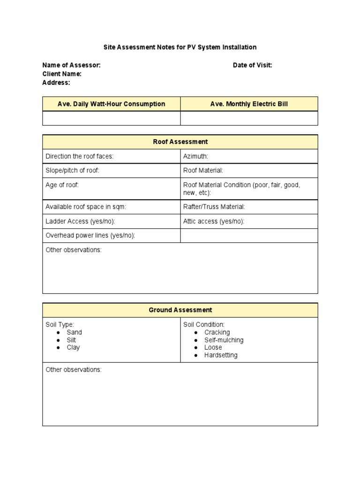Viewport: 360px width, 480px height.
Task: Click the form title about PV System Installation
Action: pyautogui.click(x=180, y=47)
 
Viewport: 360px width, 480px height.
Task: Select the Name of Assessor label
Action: pyautogui.click(x=71, y=66)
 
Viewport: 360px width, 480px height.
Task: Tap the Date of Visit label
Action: pyautogui.click(x=252, y=66)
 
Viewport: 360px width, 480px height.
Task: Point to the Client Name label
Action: pyautogui.click(x=62, y=74)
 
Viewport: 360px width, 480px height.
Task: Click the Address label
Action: pyautogui.click(x=56, y=82)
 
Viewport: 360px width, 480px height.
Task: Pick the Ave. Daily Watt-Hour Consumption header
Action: pyautogui.click(x=111, y=104)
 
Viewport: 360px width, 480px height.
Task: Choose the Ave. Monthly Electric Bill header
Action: pyautogui.click(x=249, y=104)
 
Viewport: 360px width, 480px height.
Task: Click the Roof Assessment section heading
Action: pyautogui.click(x=180, y=142)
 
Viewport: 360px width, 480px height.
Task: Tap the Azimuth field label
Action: pyautogui.click(x=195, y=156)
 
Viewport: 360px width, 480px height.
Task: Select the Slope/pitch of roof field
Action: pyautogui.click(x=72, y=171)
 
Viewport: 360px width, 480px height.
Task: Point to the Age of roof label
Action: pyautogui.click(x=62, y=185)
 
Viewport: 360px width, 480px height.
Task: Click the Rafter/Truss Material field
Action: pyautogui.click(x=214, y=207)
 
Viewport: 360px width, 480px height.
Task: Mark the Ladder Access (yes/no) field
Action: pyautogui.click(x=80, y=221)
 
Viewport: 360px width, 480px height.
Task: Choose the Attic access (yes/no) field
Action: pyautogui.click(x=213, y=221)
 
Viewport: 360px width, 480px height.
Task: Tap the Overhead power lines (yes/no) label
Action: pyautogui.click(x=90, y=235)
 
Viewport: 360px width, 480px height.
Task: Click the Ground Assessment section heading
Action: pyautogui.click(x=180, y=310)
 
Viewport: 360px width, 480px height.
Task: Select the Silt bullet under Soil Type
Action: pyautogui.click(x=71, y=340)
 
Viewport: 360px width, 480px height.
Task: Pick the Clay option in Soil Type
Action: pyautogui.click(x=73, y=347)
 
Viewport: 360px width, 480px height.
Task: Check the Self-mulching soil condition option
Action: pyautogui.click(x=224, y=340)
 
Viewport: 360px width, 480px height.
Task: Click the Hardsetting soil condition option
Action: pyautogui.click(x=221, y=355)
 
